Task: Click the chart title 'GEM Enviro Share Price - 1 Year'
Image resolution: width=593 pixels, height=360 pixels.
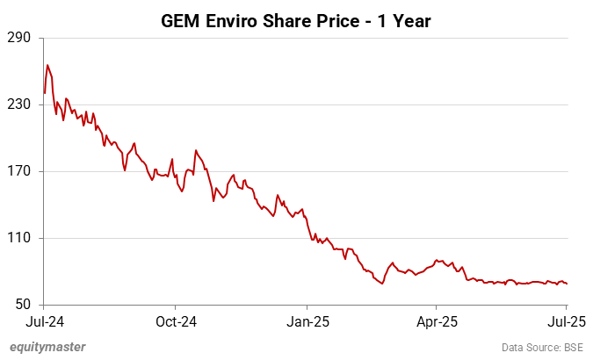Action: point(296,20)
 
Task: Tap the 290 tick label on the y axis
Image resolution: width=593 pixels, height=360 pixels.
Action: point(19,38)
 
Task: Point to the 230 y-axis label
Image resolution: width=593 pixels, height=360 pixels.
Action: point(19,104)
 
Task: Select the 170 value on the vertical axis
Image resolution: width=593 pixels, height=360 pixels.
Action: point(19,171)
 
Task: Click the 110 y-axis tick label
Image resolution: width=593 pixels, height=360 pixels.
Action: point(19,238)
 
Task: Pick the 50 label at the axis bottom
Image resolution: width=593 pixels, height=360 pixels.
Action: point(23,305)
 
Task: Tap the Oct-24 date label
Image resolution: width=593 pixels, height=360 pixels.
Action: point(175,320)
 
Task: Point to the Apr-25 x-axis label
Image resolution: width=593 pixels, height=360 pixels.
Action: point(437,320)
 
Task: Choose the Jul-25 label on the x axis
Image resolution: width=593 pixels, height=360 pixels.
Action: point(566,320)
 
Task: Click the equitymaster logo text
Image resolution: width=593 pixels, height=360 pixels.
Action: point(47,347)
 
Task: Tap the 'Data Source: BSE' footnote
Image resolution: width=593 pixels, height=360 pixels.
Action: point(542,347)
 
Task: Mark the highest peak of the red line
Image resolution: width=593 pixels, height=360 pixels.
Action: point(47,65)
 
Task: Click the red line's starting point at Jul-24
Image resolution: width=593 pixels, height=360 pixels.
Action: point(45,93)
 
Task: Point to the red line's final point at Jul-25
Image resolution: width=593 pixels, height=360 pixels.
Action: point(567,284)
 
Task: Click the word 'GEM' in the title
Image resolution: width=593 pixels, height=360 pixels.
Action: point(180,20)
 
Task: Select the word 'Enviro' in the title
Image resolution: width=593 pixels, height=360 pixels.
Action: point(231,20)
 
